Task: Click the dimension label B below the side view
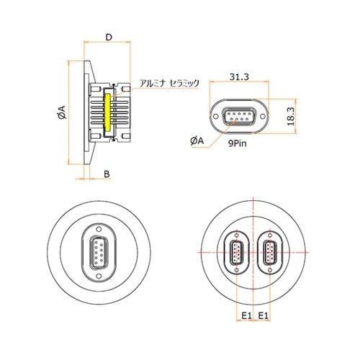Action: pyautogui.click(x=107, y=174)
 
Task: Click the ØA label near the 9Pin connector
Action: pyautogui.click(x=199, y=142)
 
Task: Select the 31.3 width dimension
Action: pyautogui.click(x=239, y=76)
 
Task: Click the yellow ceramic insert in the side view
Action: pyautogui.click(x=109, y=113)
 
